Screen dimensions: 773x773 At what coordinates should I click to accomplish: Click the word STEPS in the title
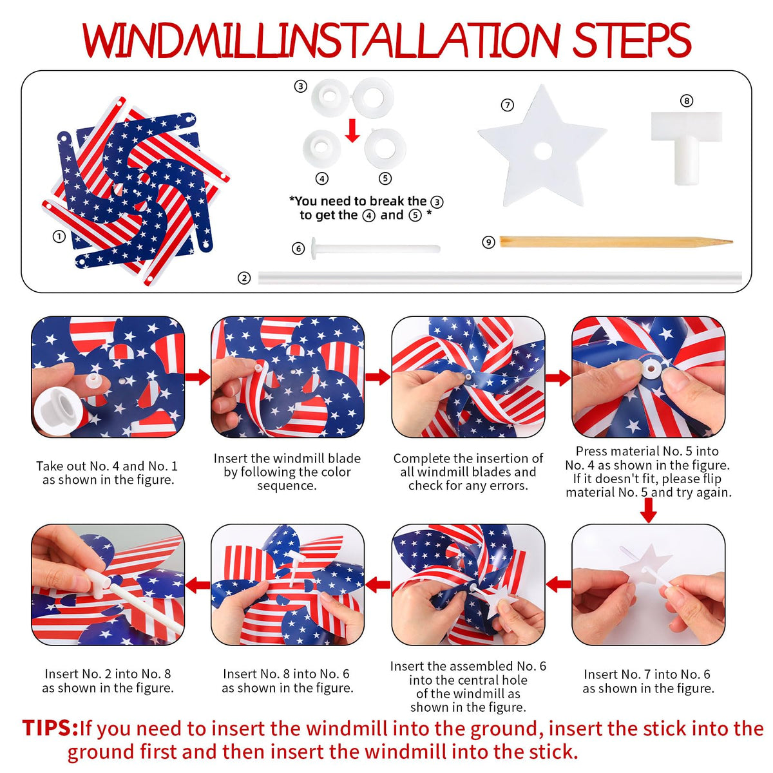pyautogui.click(x=631, y=40)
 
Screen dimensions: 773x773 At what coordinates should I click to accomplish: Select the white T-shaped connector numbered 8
pyautogui.click(x=686, y=147)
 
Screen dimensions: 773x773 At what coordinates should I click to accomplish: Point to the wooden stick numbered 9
pyautogui.click(x=616, y=242)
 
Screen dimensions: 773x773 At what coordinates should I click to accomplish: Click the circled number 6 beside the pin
pyautogui.click(x=298, y=249)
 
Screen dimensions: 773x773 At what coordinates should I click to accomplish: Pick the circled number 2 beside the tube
pyautogui.click(x=244, y=278)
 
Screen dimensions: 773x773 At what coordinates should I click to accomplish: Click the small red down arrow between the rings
pyautogui.click(x=352, y=130)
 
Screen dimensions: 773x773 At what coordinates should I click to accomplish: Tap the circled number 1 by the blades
pyautogui.click(x=59, y=236)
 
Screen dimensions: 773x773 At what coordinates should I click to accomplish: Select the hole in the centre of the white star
pyautogui.click(x=543, y=151)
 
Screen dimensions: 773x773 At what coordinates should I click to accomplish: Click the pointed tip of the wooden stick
pyautogui.click(x=732, y=242)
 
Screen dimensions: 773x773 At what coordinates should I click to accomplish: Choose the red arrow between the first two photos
pyautogui.click(x=197, y=377)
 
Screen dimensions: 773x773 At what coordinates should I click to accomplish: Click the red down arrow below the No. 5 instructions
pyautogui.click(x=648, y=510)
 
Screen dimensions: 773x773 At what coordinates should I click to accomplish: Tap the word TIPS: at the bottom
pyautogui.click(x=50, y=728)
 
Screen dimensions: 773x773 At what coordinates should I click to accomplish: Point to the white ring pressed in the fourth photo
pyautogui.click(x=651, y=368)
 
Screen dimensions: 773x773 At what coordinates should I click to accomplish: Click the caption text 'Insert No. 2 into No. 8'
pyautogui.click(x=108, y=674)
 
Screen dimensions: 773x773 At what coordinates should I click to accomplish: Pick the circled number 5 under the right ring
pyautogui.click(x=385, y=178)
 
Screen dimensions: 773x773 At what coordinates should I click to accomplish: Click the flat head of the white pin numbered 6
pyautogui.click(x=314, y=248)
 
